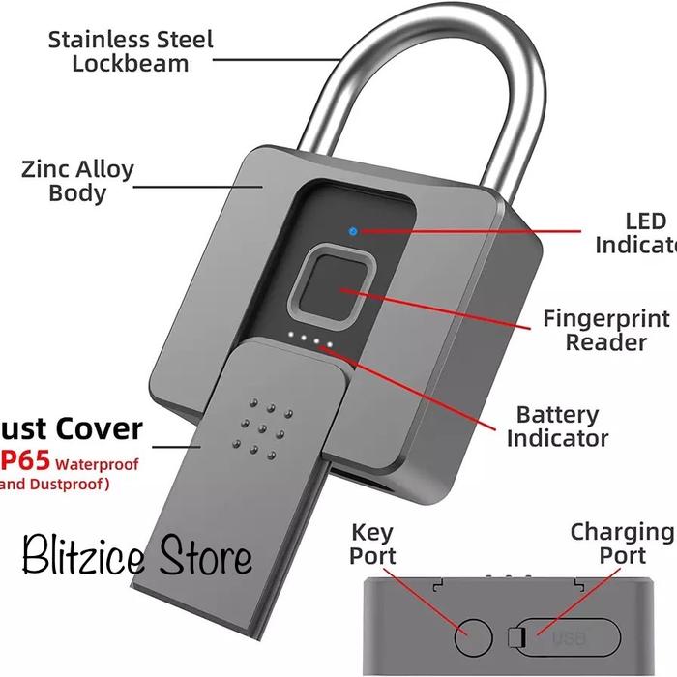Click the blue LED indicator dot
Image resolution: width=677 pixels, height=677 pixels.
point(354,232)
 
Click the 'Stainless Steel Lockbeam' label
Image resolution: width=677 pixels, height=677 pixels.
point(131,52)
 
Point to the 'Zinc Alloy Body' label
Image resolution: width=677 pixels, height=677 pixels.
point(77,181)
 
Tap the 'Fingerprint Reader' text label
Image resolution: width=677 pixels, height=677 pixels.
point(605,331)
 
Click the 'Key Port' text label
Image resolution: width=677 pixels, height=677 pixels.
point(373,544)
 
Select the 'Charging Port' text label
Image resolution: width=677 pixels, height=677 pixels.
point(620,544)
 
